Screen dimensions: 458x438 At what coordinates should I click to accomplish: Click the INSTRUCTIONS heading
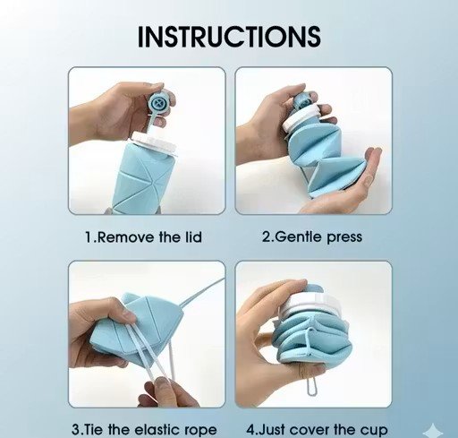pos(229,36)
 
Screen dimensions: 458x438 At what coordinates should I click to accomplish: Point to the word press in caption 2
pos(344,238)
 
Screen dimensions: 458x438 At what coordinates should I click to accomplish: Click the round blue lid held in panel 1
pos(158,103)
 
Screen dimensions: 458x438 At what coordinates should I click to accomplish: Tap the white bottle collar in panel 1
pos(153,142)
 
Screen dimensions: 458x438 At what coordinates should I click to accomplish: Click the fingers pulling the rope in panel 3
pos(167,392)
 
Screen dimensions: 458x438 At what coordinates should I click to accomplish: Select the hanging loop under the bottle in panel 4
pos(311,386)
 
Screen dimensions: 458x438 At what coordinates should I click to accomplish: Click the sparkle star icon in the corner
pos(434,431)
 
